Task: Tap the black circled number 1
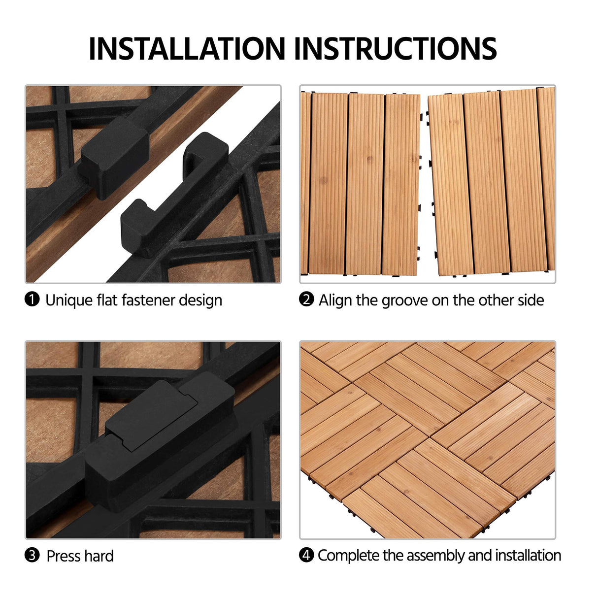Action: pos(32,299)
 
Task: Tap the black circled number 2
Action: pos(306,299)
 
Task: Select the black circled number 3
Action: pos(32,555)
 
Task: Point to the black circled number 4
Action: pos(306,555)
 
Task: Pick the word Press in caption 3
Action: pos(64,556)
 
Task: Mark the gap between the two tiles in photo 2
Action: pos(424,182)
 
